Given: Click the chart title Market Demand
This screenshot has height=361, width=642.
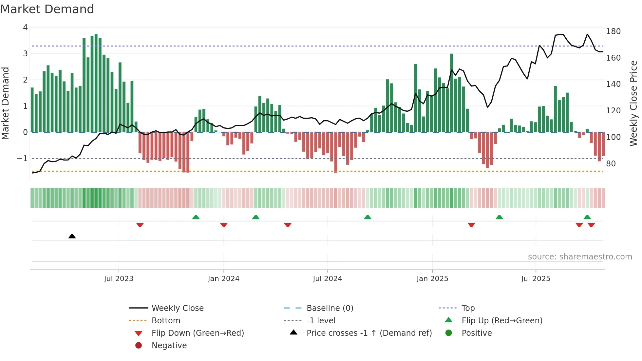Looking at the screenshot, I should (47, 9).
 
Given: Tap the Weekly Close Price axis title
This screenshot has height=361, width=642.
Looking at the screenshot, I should (633, 103).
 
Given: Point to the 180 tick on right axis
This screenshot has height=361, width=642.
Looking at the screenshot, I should (613, 31).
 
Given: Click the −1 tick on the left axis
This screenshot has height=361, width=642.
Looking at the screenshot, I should (22, 159).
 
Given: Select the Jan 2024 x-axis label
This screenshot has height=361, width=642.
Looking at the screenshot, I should (223, 279).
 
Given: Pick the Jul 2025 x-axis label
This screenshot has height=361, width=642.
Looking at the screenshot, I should (536, 279).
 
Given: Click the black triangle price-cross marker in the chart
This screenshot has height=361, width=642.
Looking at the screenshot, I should (72, 236).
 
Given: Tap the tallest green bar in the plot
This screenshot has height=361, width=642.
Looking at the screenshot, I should (96, 82).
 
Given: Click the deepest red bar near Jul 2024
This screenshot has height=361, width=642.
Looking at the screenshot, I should (335, 152).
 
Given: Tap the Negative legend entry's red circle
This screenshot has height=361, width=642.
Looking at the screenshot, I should (139, 346).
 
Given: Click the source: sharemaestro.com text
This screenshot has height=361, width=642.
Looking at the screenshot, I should (580, 257).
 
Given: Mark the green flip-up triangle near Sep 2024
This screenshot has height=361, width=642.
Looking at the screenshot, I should (368, 217).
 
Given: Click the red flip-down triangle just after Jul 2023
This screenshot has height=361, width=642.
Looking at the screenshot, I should (140, 225).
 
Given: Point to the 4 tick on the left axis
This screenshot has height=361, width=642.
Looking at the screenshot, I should (25, 28).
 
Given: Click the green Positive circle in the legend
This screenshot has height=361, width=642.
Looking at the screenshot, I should (449, 333).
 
